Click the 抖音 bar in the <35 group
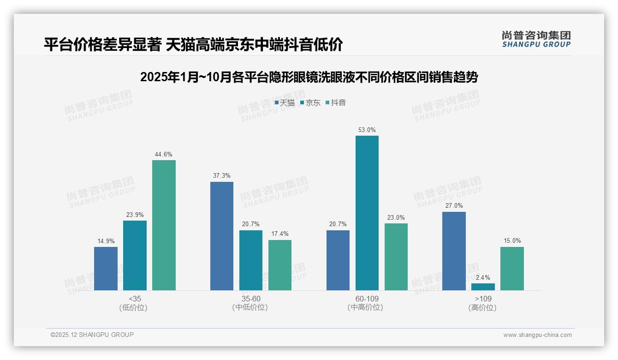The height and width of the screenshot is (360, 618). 164,225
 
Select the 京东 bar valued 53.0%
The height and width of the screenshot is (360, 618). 367,213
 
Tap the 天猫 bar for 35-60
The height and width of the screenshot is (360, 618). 222,236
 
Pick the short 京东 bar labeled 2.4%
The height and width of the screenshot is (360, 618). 483,287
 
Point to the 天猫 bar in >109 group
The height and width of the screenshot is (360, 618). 454,251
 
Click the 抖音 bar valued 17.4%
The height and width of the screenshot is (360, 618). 280,265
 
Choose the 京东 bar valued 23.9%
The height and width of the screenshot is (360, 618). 135,255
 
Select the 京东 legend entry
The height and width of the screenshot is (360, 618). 310,103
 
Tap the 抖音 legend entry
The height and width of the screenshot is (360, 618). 336,103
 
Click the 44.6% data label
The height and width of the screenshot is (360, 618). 164,155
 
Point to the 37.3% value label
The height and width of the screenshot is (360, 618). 222,176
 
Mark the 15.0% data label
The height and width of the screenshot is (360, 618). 512,241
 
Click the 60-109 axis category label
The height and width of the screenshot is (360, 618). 367,299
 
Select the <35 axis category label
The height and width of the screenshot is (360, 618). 135,299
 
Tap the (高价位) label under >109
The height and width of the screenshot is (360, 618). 482,308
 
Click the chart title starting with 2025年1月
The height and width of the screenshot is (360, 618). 309,77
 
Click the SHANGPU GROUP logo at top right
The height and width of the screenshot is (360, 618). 536,39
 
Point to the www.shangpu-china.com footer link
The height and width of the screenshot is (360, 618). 537,335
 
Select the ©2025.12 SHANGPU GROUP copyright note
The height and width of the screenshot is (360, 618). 92,335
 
